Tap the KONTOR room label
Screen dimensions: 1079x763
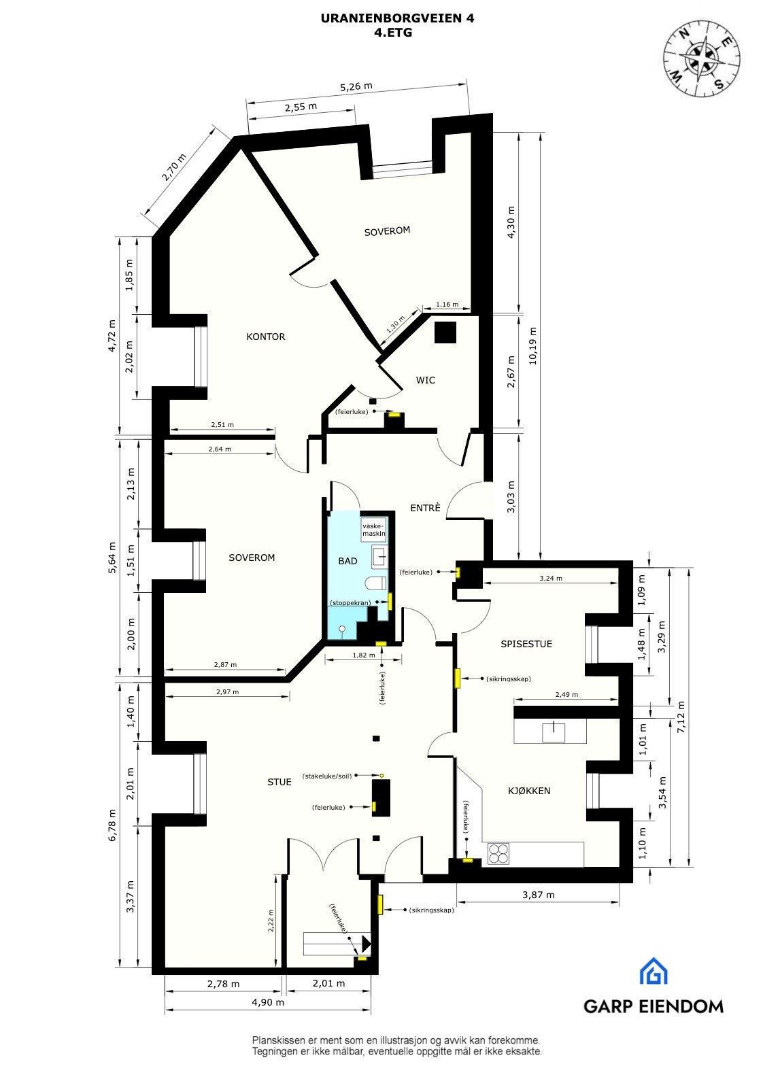click(x=265, y=337)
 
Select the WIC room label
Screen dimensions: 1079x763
click(x=426, y=380)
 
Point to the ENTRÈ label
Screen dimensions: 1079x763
click(x=425, y=508)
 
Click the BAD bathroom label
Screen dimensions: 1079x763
click(x=347, y=561)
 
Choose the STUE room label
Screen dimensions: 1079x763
click(x=279, y=782)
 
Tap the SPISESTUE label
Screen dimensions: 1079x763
click(x=526, y=644)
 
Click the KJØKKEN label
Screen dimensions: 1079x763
click(x=529, y=791)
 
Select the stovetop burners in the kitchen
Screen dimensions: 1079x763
click(x=498, y=853)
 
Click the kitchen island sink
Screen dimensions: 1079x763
click(x=554, y=732)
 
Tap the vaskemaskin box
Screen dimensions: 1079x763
click(x=373, y=530)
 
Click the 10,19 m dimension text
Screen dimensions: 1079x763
click(x=532, y=346)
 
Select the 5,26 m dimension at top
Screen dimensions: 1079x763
click(x=356, y=87)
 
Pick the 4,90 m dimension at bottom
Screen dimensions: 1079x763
click(x=267, y=1002)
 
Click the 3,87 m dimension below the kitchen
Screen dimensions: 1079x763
click(x=538, y=895)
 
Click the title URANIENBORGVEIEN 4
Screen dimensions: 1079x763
click(x=398, y=19)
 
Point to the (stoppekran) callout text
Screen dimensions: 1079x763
click(x=350, y=603)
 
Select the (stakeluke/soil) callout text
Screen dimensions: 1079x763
click(x=328, y=775)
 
